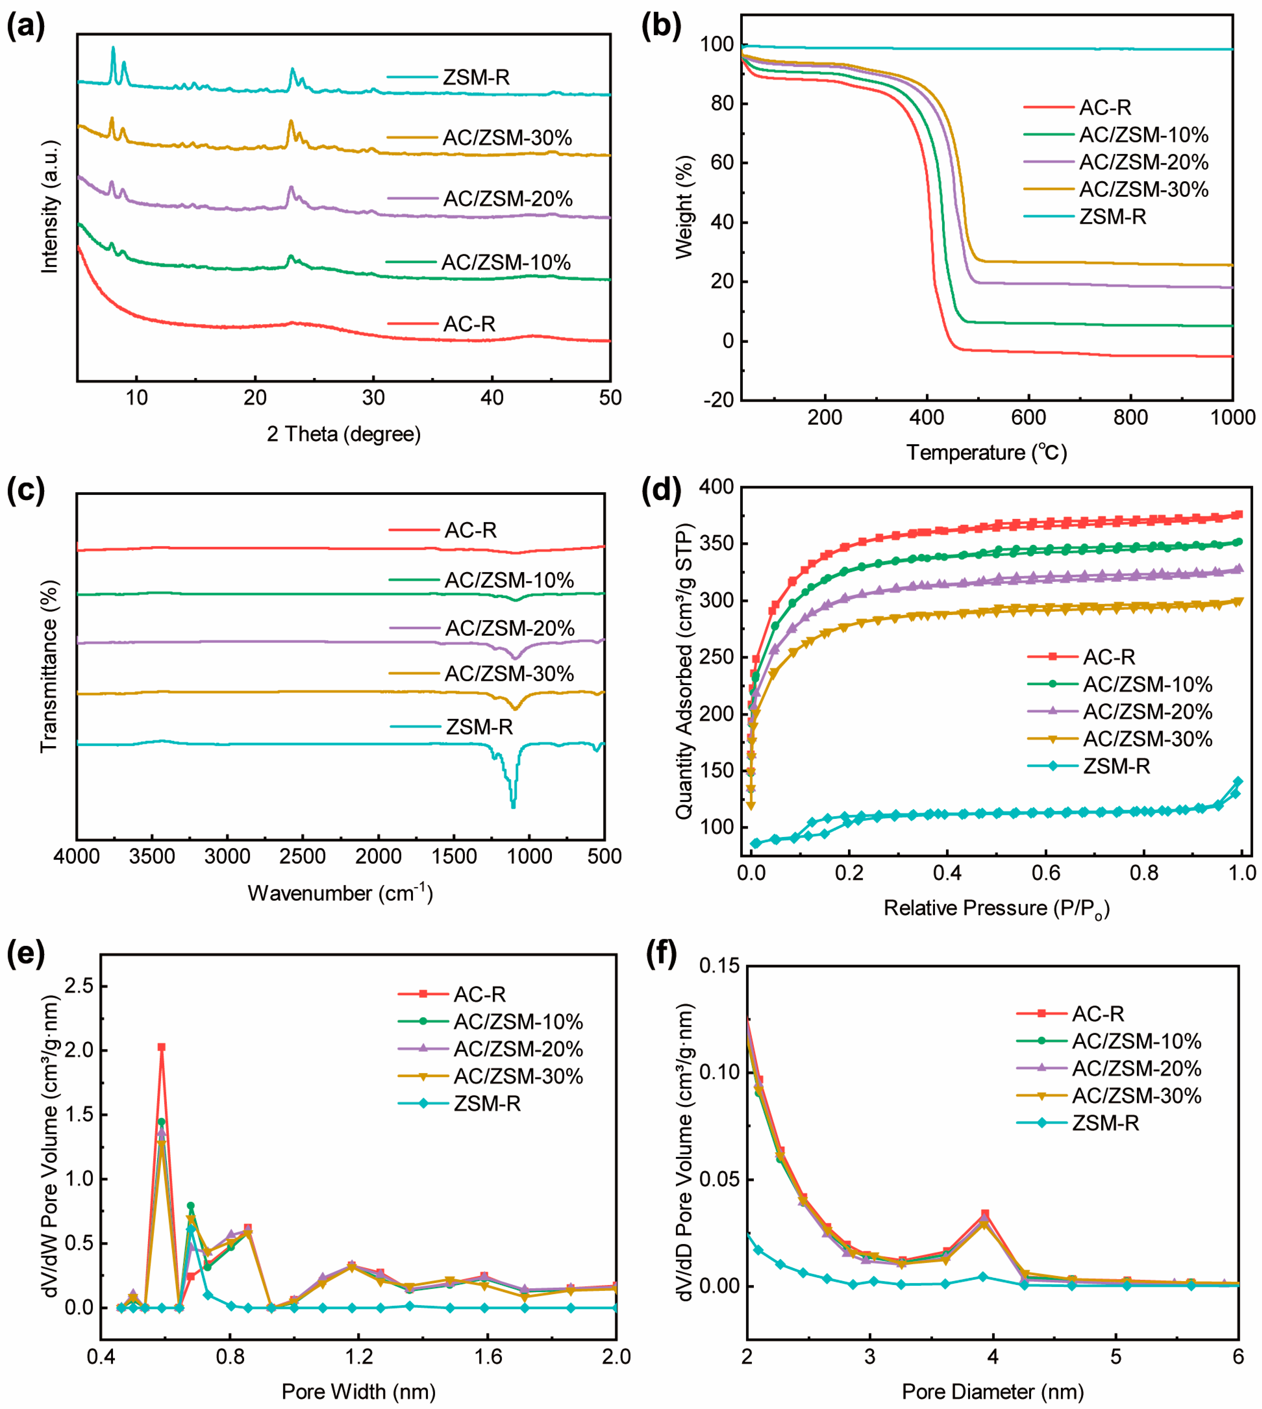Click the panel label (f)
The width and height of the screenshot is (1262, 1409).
tap(661, 955)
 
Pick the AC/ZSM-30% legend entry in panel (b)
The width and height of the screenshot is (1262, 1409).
tap(1143, 190)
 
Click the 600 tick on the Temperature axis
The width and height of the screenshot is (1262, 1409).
tap(1028, 417)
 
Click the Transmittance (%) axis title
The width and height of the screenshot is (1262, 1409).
tap(49, 666)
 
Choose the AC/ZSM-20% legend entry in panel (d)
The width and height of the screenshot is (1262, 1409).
tap(1147, 712)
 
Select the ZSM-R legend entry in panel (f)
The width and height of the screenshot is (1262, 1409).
tap(1105, 1123)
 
